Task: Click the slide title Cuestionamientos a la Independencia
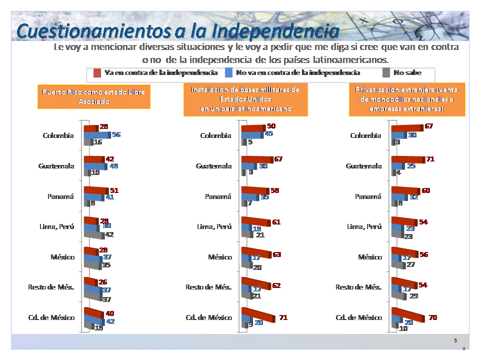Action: coord(177,31)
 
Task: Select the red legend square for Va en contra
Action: coord(97,73)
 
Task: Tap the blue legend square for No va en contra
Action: coord(229,73)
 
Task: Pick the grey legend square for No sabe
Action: coord(385,73)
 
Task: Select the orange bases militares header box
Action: coord(245,99)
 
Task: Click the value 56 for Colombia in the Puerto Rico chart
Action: coord(116,134)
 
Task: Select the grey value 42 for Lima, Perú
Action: coord(109,234)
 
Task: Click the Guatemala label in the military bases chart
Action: coord(213,166)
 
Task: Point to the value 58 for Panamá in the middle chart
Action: coord(274,191)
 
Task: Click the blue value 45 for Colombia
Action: coord(268,133)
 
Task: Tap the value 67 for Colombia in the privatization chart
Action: coord(428,126)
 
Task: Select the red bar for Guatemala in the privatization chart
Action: coord(407,159)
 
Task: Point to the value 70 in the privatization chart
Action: coord(432,317)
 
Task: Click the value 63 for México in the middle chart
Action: coord(276,254)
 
